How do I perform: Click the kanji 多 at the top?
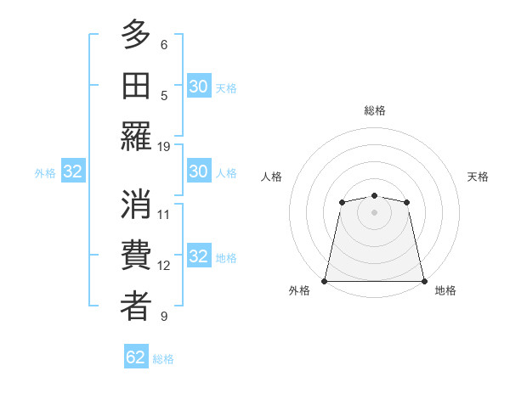tap(136, 36)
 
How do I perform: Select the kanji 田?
tap(136, 86)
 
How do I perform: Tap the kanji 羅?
tap(136, 136)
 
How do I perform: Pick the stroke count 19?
tap(164, 146)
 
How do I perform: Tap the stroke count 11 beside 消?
tap(164, 214)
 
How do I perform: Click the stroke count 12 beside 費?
tap(164, 265)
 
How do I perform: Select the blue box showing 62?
tap(136, 357)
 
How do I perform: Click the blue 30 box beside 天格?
tap(198, 87)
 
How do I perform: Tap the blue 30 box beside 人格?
tap(198, 171)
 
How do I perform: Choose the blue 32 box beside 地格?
tap(198, 256)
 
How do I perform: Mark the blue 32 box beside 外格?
tap(73, 172)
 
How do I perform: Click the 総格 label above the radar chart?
tap(374, 110)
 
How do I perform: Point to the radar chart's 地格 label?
tap(445, 290)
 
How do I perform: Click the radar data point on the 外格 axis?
tap(325, 281)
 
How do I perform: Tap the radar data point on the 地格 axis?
tap(424, 281)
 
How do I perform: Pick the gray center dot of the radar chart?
tap(374, 212)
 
